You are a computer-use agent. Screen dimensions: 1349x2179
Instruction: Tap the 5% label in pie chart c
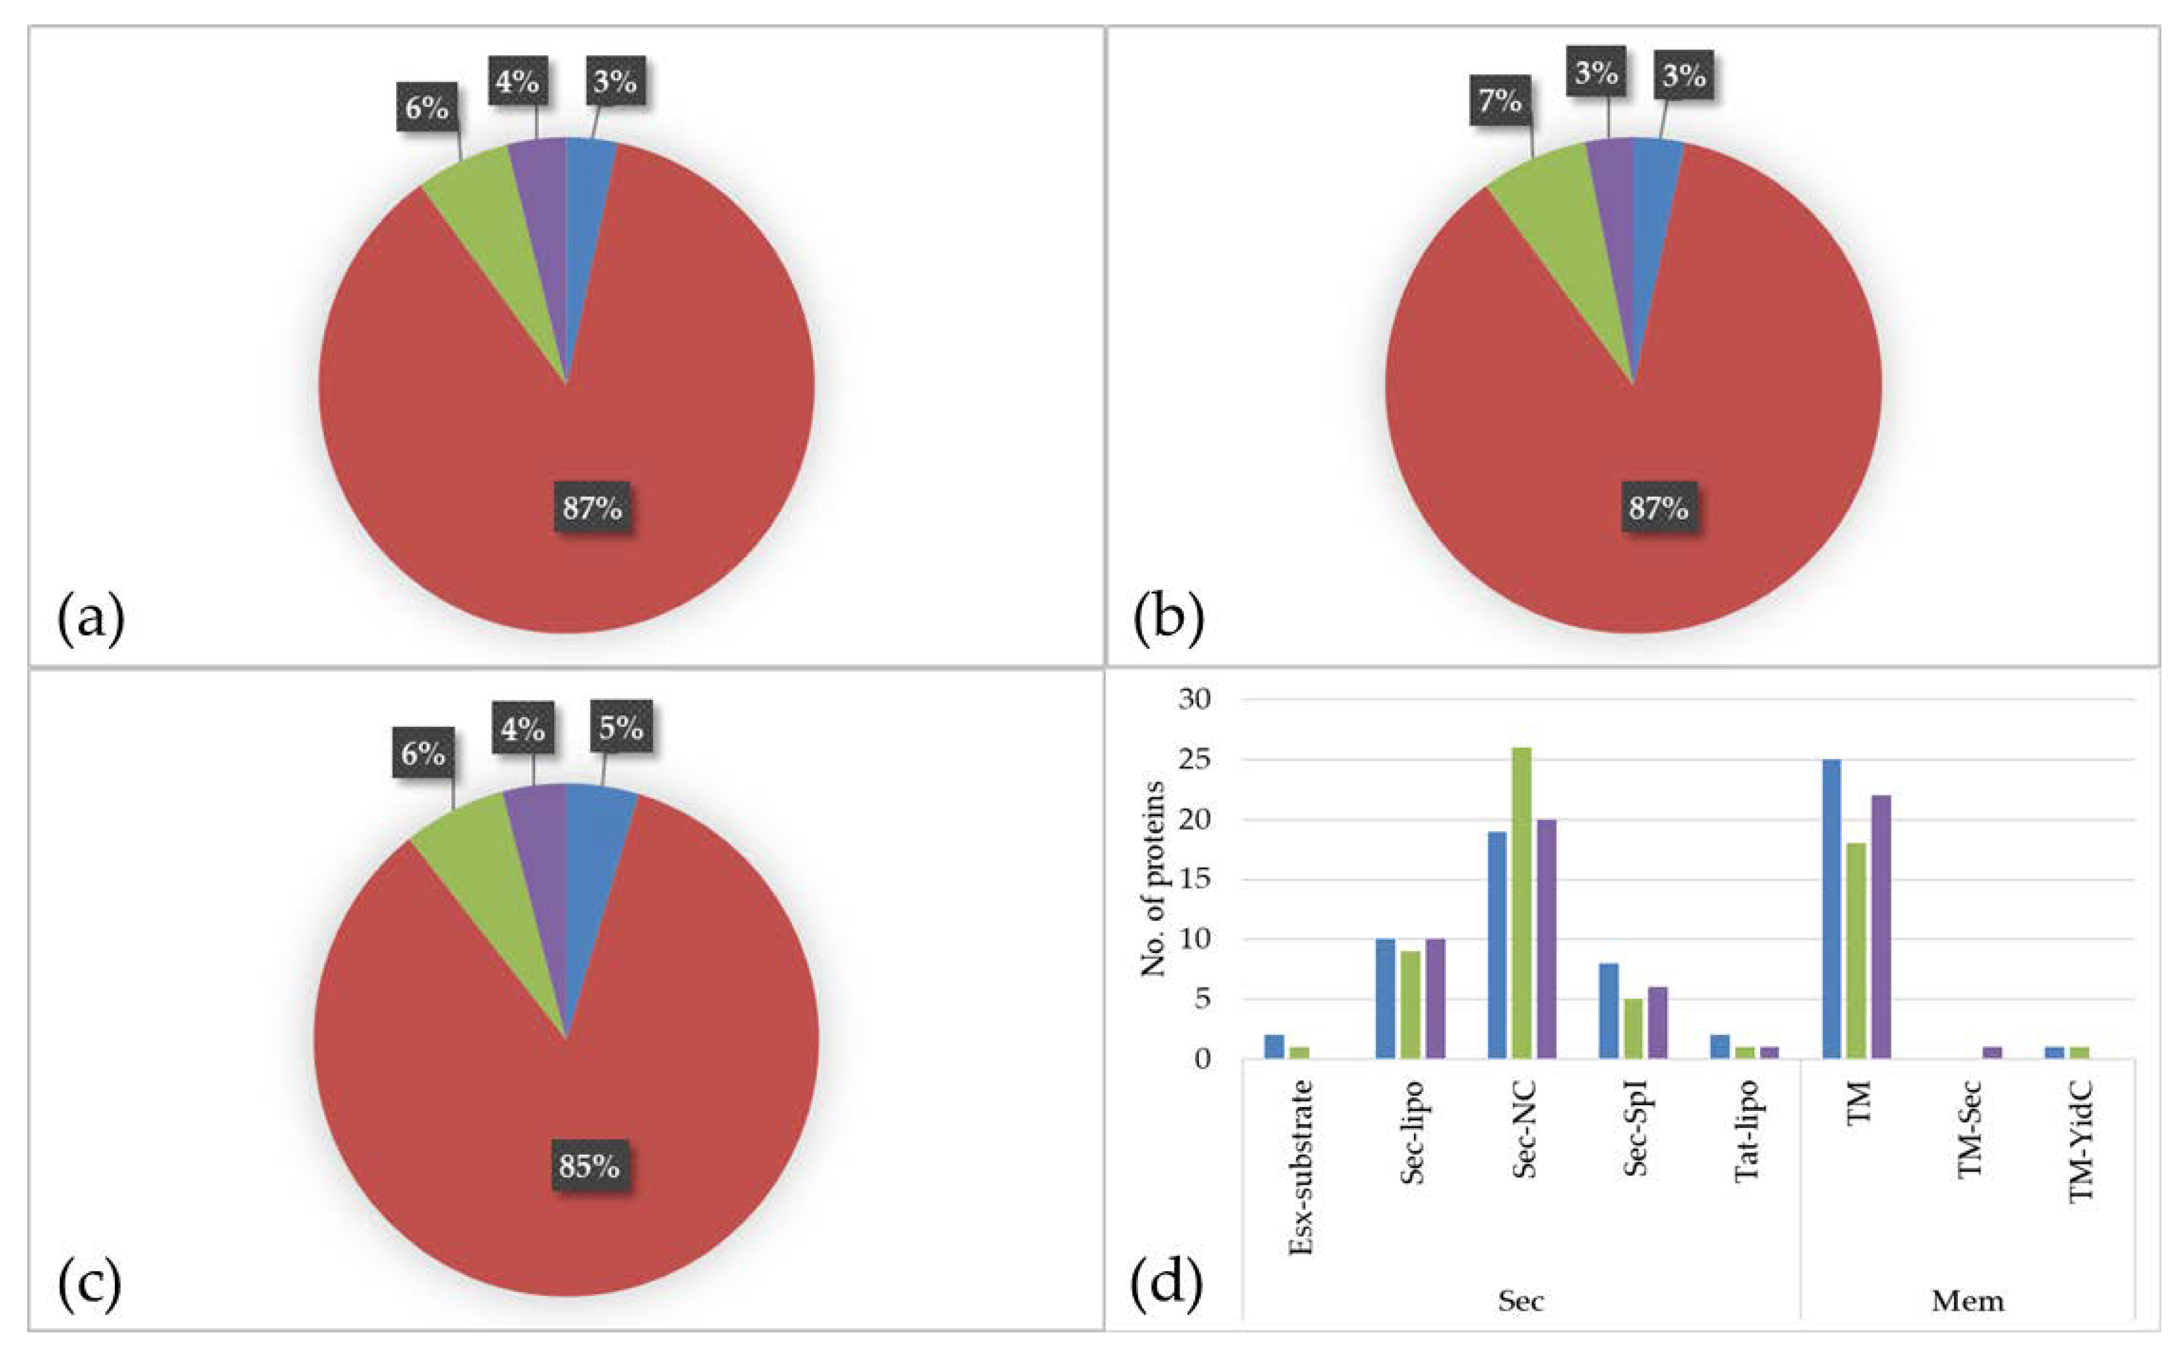tap(621, 728)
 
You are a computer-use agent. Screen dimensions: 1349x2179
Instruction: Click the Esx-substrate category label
tap(1301, 1167)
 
